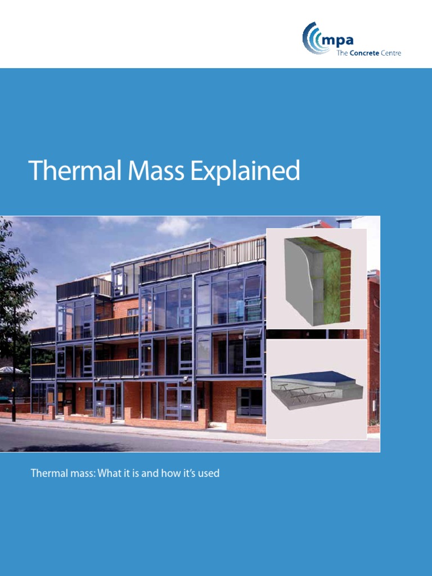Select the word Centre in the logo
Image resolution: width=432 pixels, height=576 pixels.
pos(391,53)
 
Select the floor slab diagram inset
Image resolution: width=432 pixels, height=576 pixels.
pos(317,388)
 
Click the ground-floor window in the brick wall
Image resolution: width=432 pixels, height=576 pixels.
pos(249,400)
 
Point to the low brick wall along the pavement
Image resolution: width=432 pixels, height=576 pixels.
pos(169,417)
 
